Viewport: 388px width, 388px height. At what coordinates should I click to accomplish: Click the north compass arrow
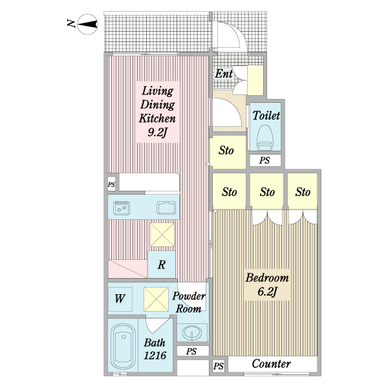click(87, 25)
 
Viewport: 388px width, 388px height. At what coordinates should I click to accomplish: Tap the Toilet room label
click(266, 116)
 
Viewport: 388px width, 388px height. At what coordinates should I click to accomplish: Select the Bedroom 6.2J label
click(266, 285)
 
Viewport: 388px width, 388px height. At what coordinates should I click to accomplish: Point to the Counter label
click(271, 364)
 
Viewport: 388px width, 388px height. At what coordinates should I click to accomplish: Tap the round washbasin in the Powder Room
click(191, 334)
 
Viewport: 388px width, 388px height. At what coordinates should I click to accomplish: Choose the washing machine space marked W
click(120, 299)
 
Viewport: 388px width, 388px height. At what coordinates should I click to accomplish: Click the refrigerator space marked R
click(162, 264)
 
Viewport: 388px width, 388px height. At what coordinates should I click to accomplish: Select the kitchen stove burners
click(122, 208)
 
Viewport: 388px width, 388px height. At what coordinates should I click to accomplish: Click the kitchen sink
click(166, 208)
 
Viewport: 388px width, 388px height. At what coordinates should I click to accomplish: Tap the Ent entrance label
click(224, 74)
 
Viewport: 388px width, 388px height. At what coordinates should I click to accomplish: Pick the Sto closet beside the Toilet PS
click(226, 152)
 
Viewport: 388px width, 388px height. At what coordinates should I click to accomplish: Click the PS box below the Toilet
click(264, 161)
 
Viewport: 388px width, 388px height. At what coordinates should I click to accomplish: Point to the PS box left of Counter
click(219, 367)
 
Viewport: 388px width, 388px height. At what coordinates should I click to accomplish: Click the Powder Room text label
click(189, 302)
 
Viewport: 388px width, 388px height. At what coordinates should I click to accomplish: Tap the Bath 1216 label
click(155, 349)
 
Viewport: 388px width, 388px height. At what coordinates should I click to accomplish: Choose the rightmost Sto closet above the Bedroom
click(303, 192)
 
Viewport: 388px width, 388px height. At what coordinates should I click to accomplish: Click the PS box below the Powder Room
click(191, 352)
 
